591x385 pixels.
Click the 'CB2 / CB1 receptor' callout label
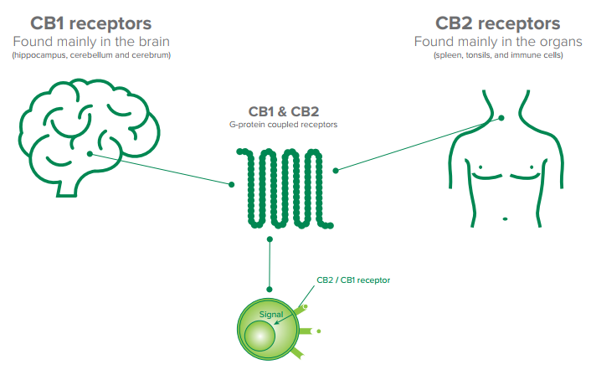pyautogui.click(x=353, y=280)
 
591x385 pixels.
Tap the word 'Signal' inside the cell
pyautogui.click(x=271, y=315)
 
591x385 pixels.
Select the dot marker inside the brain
pyautogui.click(x=90, y=153)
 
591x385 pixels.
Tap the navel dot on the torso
pyautogui.click(x=504, y=219)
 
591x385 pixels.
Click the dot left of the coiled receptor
pyautogui.click(x=232, y=183)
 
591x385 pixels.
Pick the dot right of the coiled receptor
pyautogui.click(x=336, y=171)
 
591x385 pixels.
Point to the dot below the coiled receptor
pyautogui.click(x=270, y=240)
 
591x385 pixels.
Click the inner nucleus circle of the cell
pyautogui.click(x=262, y=336)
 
